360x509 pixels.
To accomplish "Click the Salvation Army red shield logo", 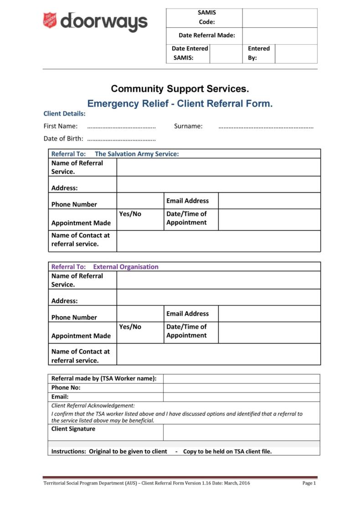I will click(x=50, y=20).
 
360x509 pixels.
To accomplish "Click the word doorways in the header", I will click(x=104, y=22).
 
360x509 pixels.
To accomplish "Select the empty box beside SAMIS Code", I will click(x=279, y=18).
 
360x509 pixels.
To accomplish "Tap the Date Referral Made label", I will click(x=207, y=36).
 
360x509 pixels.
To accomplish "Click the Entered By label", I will click(x=258, y=53).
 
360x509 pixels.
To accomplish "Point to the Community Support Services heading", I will click(x=180, y=88).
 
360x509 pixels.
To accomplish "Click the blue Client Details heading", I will click(x=64, y=113).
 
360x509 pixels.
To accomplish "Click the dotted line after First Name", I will click(x=121, y=127).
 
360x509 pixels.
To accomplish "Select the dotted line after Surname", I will click(x=266, y=127).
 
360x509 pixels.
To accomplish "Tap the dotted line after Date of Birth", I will click(x=121, y=139).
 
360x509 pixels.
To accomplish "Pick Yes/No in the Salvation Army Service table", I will click(x=130, y=214).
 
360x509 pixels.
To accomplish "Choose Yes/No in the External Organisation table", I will click(x=130, y=326).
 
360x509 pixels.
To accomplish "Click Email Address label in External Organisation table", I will click(x=187, y=314).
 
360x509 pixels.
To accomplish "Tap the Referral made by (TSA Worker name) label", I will click(x=104, y=378).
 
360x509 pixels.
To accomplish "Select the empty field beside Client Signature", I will click(x=241, y=432).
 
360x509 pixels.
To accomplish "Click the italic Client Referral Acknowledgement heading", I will click(x=93, y=405).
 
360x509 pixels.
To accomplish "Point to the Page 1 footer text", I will click(x=309, y=483).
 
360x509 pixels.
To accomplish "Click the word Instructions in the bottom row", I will click(x=68, y=452).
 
